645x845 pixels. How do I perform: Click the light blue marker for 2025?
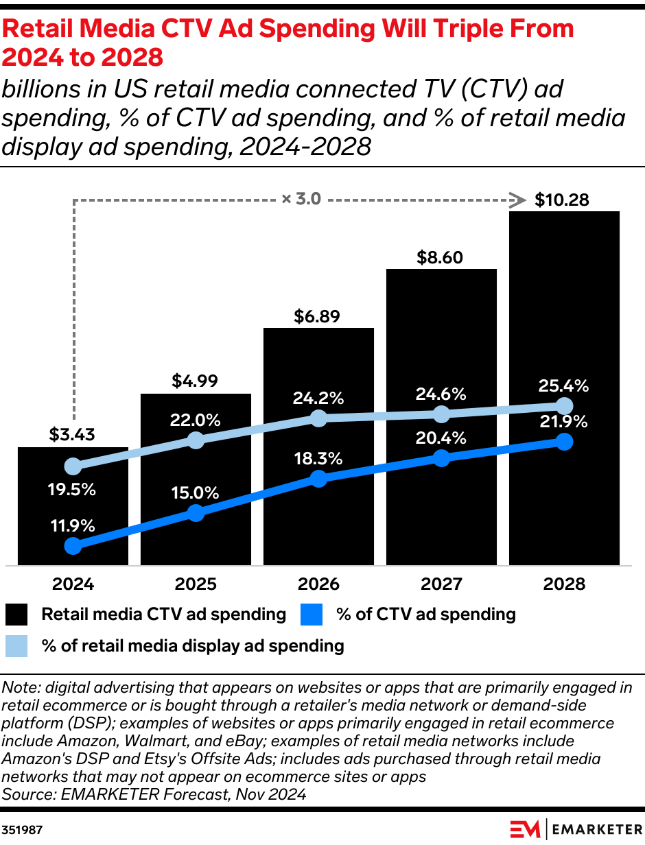pyautogui.click(x=196, y=440)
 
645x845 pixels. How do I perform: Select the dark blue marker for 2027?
pyautogui.click(x=441, y=458)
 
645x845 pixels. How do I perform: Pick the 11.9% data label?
pyautogui.click(x=72, y=526)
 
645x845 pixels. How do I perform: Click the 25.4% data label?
pyautogui.click(x=564, y=385)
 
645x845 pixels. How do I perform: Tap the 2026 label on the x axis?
pyautogui.click(x=318, y=584)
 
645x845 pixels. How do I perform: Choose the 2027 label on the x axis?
pyautogui.click(x=441, y=584)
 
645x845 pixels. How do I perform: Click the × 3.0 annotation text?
pyautogui.click(x=301, y=200)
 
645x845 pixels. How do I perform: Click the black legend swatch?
pyautogui.click(x=16, y=615)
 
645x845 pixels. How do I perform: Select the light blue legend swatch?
pyautogui.click(x=16, y=646)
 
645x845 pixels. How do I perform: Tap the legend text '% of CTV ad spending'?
pyautogui.click(x=425, y=614)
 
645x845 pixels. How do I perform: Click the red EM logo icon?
pyautogui.click(x=525, y=829)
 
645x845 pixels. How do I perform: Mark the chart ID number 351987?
pyautogui.click(x=23, y=829)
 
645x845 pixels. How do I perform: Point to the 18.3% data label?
pyautogui.click(x=318, y=459)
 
